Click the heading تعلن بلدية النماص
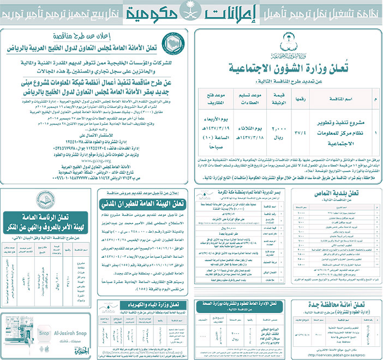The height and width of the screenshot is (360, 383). pyautogui.click(x=346, y=193)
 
